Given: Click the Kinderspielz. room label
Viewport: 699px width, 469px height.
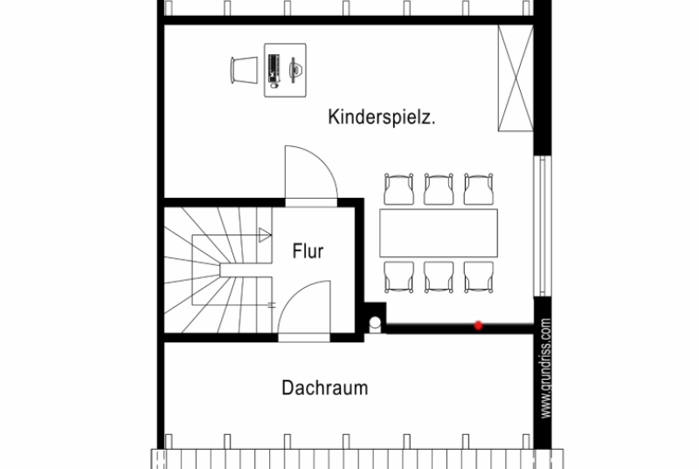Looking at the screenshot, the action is [382, 117].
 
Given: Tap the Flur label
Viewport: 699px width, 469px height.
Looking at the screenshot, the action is [308, 251].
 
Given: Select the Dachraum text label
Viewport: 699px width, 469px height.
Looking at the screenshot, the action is [325, 388].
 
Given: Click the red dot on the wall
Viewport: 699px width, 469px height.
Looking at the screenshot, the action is [478, 325].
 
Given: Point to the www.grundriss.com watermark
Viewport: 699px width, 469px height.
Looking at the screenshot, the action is [546, 368].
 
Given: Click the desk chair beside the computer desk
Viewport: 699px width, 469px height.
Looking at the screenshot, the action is [244, 70].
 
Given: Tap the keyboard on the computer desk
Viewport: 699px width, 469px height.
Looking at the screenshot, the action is [273, 71].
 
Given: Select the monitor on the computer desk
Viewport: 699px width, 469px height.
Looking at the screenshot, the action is [294, 70].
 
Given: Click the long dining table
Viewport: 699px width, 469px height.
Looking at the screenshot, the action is [439, 233].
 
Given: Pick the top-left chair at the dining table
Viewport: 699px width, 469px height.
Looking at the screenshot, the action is [398, 189].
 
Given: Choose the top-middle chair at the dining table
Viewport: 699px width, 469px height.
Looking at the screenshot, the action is [439, 189].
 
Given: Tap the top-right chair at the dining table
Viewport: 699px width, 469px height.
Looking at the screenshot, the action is [478, 189].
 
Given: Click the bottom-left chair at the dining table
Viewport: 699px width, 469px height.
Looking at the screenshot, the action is [398, 277].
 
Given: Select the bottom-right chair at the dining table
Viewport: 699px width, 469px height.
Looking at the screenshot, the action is [478, 277].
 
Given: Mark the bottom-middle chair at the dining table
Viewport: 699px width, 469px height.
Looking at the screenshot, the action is [439, 277].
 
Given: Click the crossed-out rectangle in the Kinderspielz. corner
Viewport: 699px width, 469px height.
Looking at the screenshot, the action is [516, 78].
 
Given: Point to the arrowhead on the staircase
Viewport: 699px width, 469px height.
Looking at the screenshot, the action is [265, 235].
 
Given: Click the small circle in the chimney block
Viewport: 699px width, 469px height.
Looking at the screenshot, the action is [375, 322].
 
